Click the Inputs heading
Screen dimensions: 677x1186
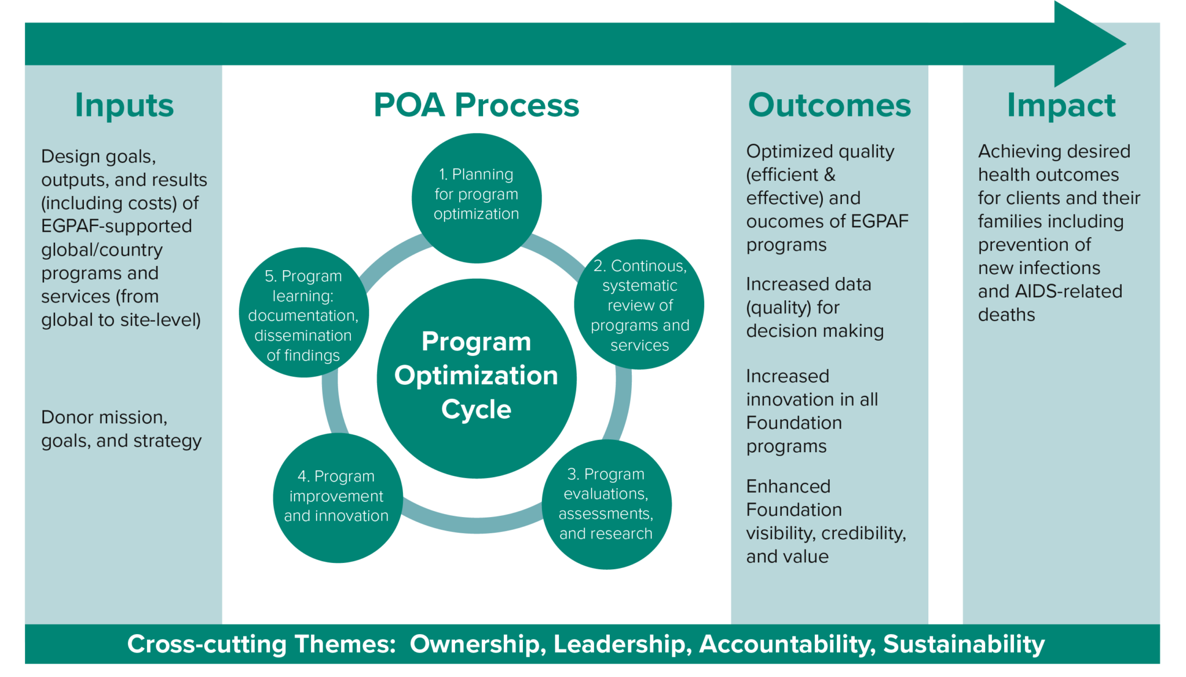[x=124, y=105]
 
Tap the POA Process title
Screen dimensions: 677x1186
[x=476, y=105]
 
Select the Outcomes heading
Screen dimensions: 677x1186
[x=829, y=105]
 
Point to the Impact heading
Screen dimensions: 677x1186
[x=1061, y=105]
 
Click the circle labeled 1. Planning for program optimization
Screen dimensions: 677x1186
[x=476, y=197]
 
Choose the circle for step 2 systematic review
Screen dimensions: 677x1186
[x=639, y=305]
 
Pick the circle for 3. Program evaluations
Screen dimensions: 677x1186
[x=606, y=504]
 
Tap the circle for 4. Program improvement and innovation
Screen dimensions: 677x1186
[x=336, y=497]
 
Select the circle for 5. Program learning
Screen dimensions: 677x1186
[x=303, y=313]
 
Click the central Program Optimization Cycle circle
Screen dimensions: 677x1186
[x=476, y=377]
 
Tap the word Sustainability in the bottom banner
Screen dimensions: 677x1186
[x=964, y=644]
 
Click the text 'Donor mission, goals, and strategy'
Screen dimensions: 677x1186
[x=121, y=429]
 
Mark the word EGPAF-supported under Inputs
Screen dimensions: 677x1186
[x=116, y=226]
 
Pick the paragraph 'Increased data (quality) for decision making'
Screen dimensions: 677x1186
[x=814, y=307]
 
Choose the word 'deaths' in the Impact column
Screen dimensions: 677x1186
[x=1006, y=315]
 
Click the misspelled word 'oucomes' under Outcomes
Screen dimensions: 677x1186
[x=779, y=221]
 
